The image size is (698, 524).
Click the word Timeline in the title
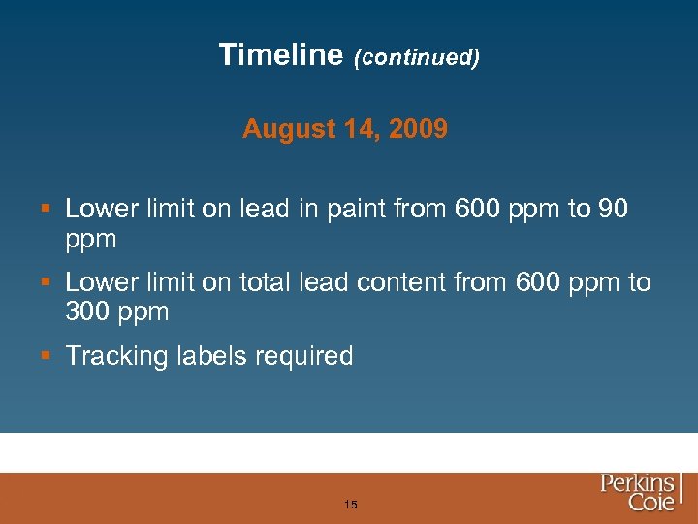(x=281, y=54)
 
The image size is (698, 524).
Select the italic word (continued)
(x=417, y=57)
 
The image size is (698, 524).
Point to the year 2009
(x=419, y=129)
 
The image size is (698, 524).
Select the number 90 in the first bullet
(x=614, y=209)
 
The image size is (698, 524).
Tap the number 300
(x=90, y=311)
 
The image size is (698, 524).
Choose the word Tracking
(x=116, y=356)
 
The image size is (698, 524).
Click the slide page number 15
(x=350, y=505)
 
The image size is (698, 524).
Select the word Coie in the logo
(x=650, y=503)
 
